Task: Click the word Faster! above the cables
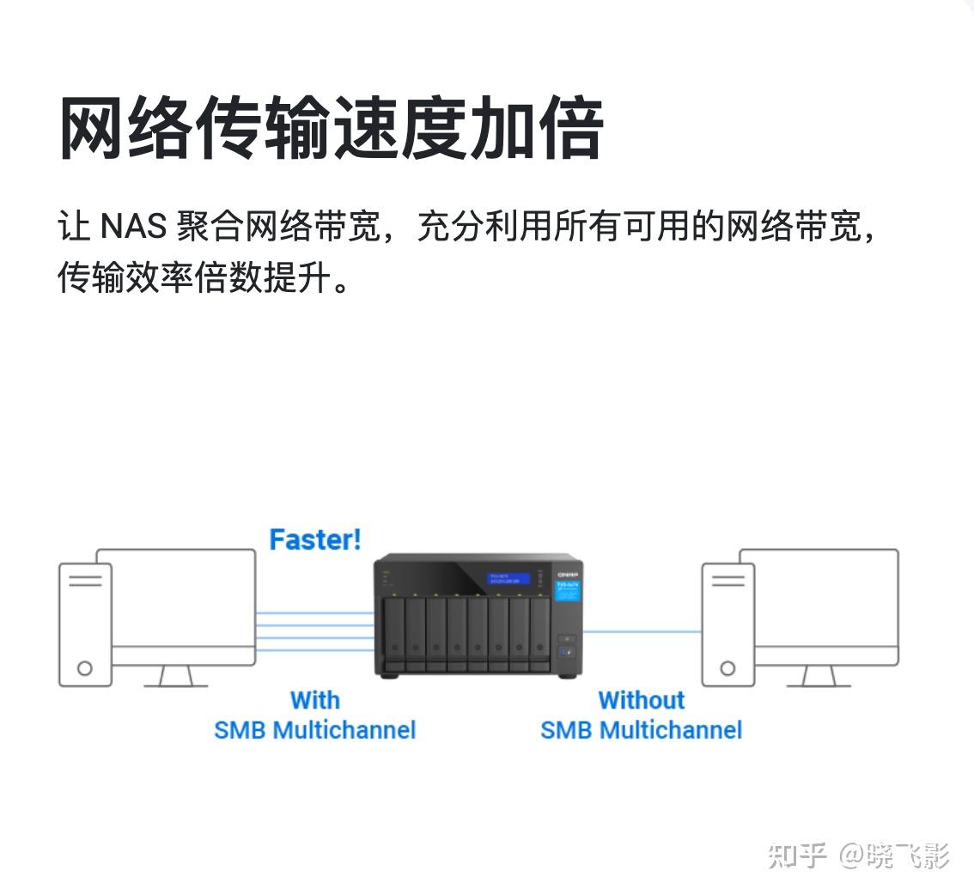click(315, 539)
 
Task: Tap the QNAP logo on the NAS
click(568, 574)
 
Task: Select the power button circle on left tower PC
click(84, 667)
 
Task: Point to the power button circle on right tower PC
click(727, 667)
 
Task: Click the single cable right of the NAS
click(642, 632)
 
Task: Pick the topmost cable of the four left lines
click(314, 612)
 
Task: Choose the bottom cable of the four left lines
click(314, 650)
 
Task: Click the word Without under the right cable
click(641, 700)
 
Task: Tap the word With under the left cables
click(314, 700)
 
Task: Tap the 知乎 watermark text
click(797, 855)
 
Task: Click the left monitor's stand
click(175, 677)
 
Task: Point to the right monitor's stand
click(819, 677)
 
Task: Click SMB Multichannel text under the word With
click(314, 730)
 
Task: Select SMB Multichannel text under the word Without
click(641, 730)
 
